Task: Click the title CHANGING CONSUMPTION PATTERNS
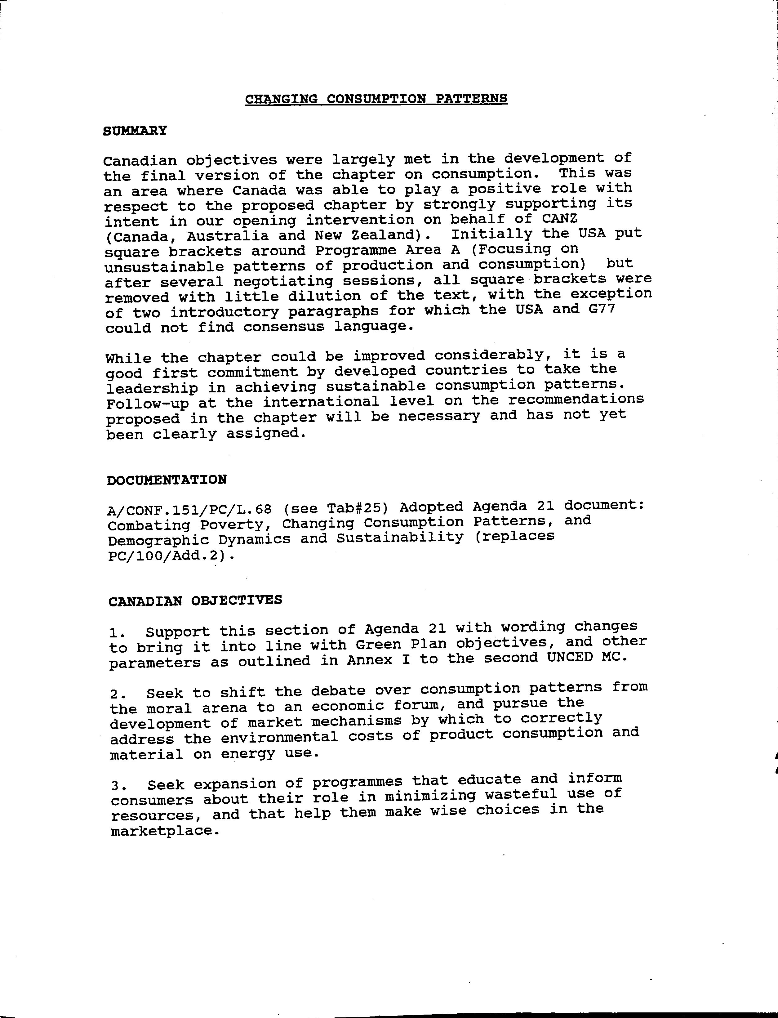click(376, 99)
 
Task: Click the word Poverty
click(236, 525)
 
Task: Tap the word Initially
click(491, 234)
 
